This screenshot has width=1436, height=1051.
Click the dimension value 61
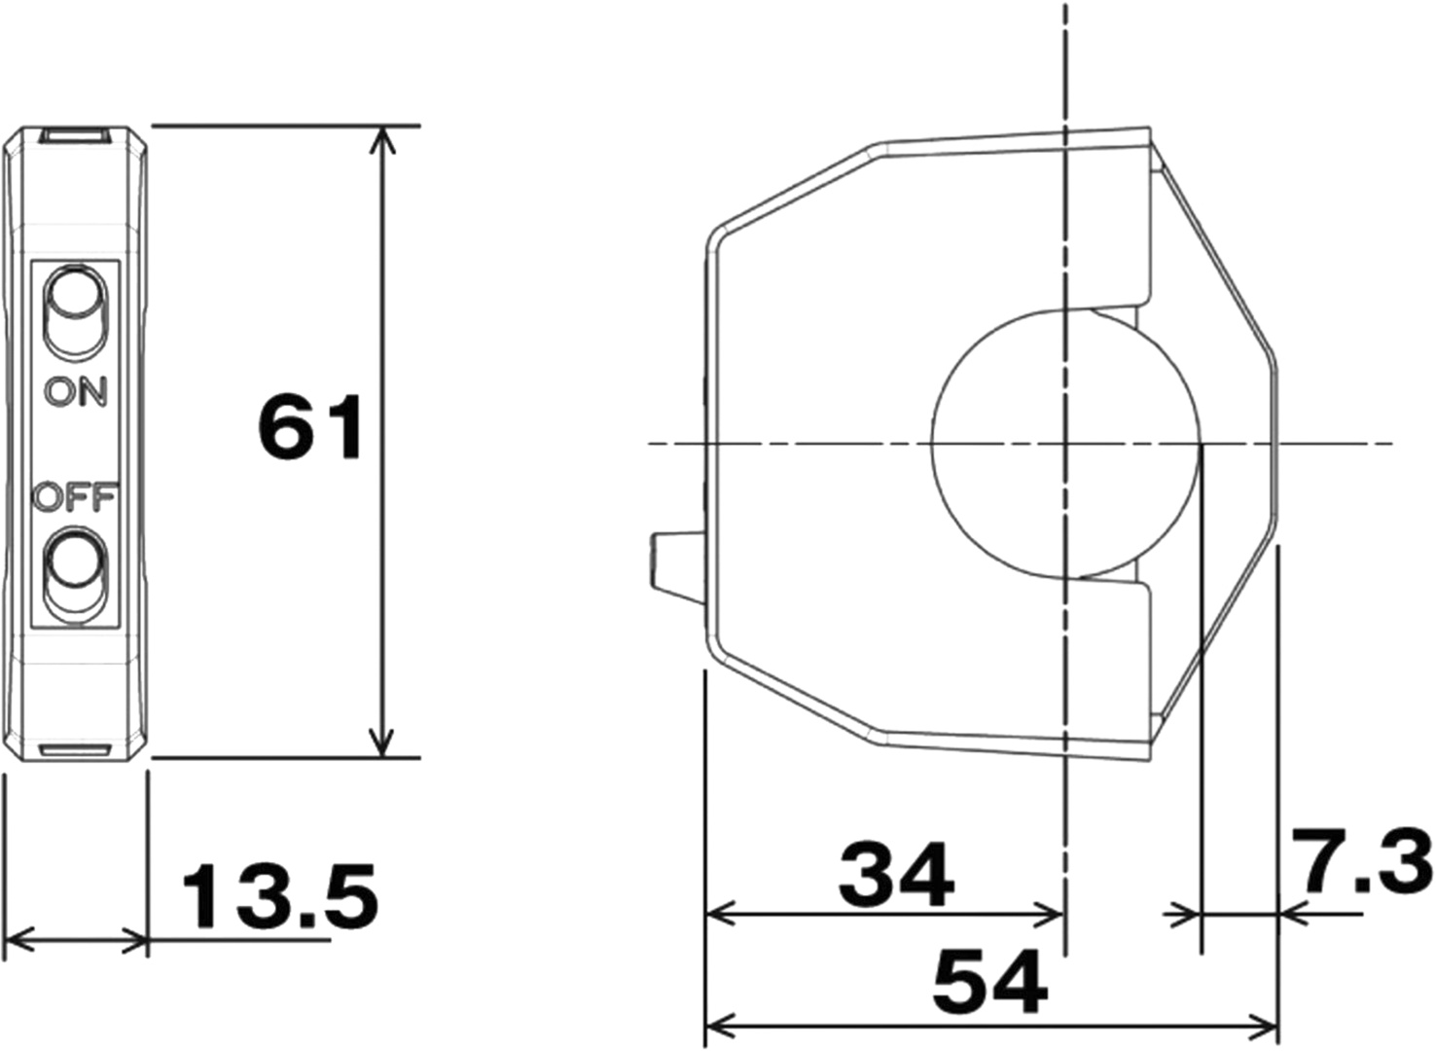coord(309,428)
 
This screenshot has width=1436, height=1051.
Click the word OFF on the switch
coord(76,497)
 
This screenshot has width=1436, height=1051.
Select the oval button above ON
coord(76,313)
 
